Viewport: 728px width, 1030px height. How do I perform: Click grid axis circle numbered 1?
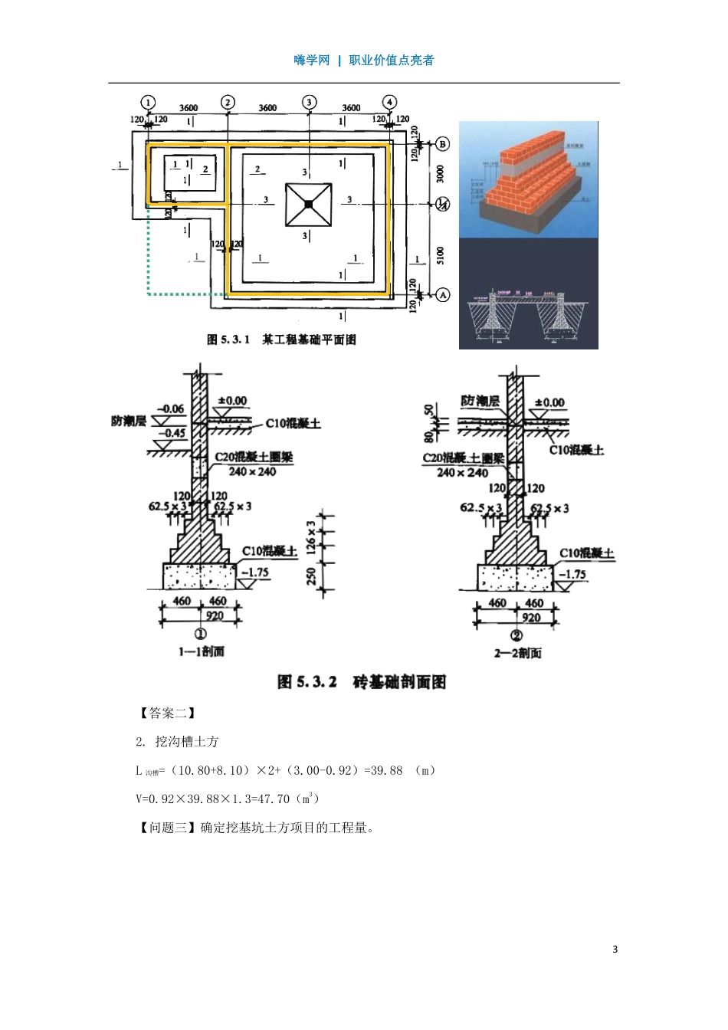tap(148, 103)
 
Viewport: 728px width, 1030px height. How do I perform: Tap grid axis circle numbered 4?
tap(390, 102)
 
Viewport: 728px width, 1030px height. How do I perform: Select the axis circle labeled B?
tap(442, 144)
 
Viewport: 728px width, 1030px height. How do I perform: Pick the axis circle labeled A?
tap(442, 295)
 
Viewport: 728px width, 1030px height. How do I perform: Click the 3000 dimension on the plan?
tap(440, 173)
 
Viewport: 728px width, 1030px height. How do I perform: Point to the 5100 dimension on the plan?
tap(440, 255)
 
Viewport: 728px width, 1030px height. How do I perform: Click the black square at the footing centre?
tap(307, 205)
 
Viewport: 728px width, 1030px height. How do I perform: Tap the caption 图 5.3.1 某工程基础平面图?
tap(281, 340)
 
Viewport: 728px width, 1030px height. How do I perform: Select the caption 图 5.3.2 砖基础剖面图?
tap(361, 682)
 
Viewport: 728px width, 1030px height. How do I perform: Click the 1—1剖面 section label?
tap(201, 651)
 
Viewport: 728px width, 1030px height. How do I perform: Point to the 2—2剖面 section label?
tap(517, 653)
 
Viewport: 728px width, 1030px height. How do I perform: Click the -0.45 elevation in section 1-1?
tap(172, 433)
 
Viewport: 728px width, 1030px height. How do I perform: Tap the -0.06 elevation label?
tap(170, 409)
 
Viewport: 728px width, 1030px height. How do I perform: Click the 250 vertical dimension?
tap(311, 576)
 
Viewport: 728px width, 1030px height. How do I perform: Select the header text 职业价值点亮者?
tap(391, 61)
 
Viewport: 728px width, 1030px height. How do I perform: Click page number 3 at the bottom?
tap(615, 950)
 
